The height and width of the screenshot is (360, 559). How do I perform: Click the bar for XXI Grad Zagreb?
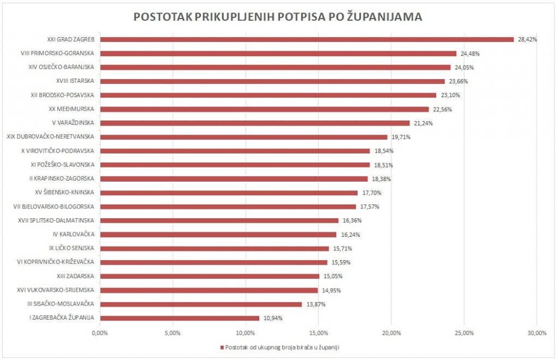tap(307, 39)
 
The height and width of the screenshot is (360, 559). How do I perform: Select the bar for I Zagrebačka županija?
tap(180, 318)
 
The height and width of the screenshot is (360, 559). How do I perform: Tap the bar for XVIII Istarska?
tap(272, 81)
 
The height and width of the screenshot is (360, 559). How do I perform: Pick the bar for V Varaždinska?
tap(254, 123)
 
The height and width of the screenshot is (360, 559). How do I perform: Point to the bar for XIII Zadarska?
tap(210, 276)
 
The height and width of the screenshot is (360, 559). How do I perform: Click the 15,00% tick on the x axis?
tap(319, 333)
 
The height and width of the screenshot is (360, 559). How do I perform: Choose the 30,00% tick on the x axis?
tap(537, 333)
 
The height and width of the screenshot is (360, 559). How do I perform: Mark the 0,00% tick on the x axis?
tap(100, 333)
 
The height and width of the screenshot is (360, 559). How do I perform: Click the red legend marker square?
tap(222, 347)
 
